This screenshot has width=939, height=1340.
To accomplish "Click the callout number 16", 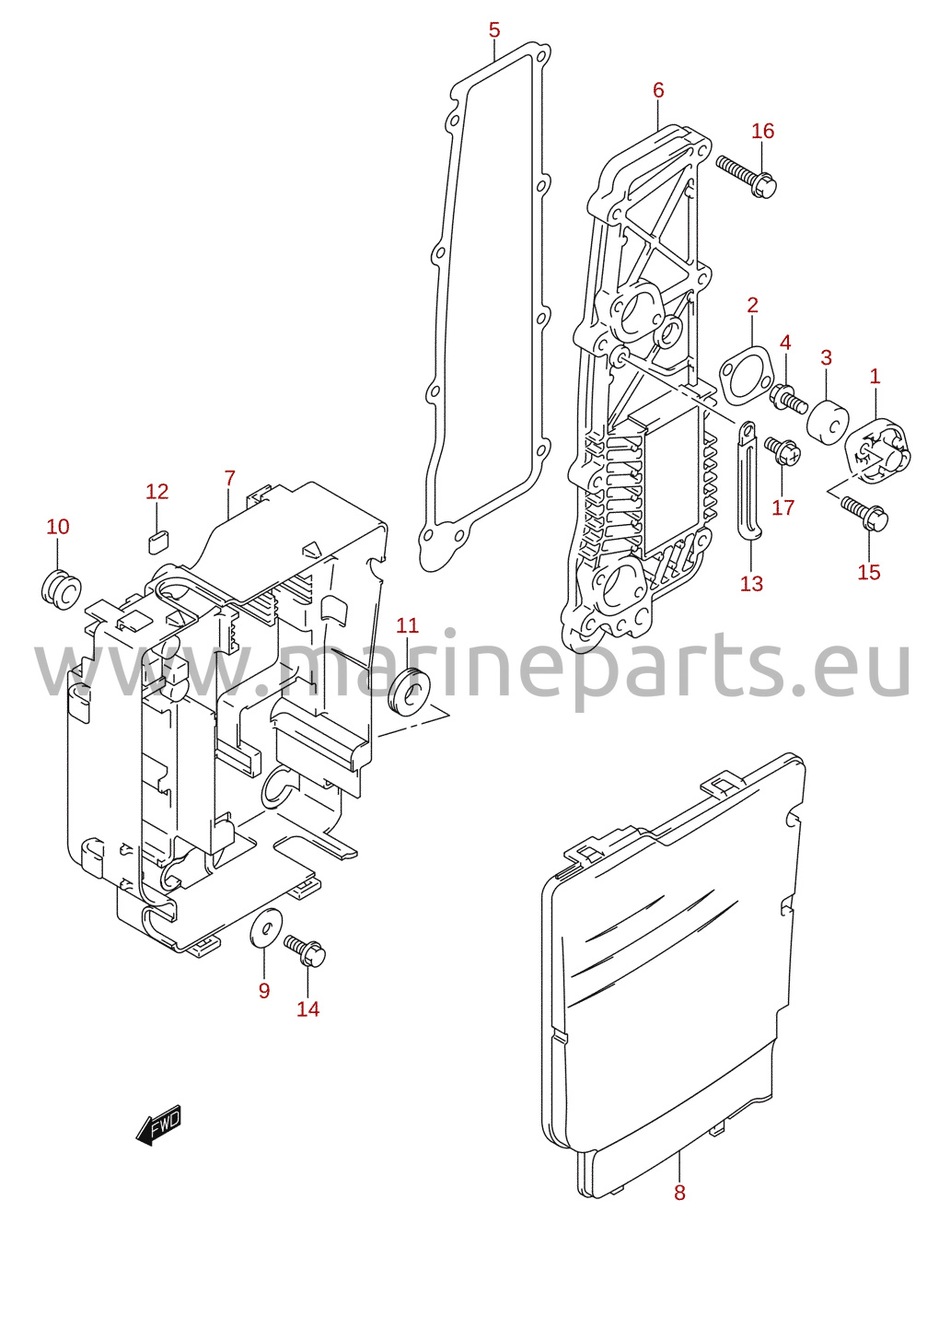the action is click(x=762, y=131).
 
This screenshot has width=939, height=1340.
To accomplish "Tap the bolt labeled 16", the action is click(x=747, y=176).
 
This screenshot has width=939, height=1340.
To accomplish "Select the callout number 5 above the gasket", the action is click(x=494, y=29).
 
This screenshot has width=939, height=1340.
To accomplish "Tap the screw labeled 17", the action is click(x=782, y=451).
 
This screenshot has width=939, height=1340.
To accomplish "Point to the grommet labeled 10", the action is click(x=61, y=589).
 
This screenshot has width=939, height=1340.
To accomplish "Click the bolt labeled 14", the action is click(x=305, y=950).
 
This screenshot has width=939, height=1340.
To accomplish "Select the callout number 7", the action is click(x=229, y=479).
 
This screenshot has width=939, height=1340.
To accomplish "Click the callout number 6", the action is click(x=658, y=90).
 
